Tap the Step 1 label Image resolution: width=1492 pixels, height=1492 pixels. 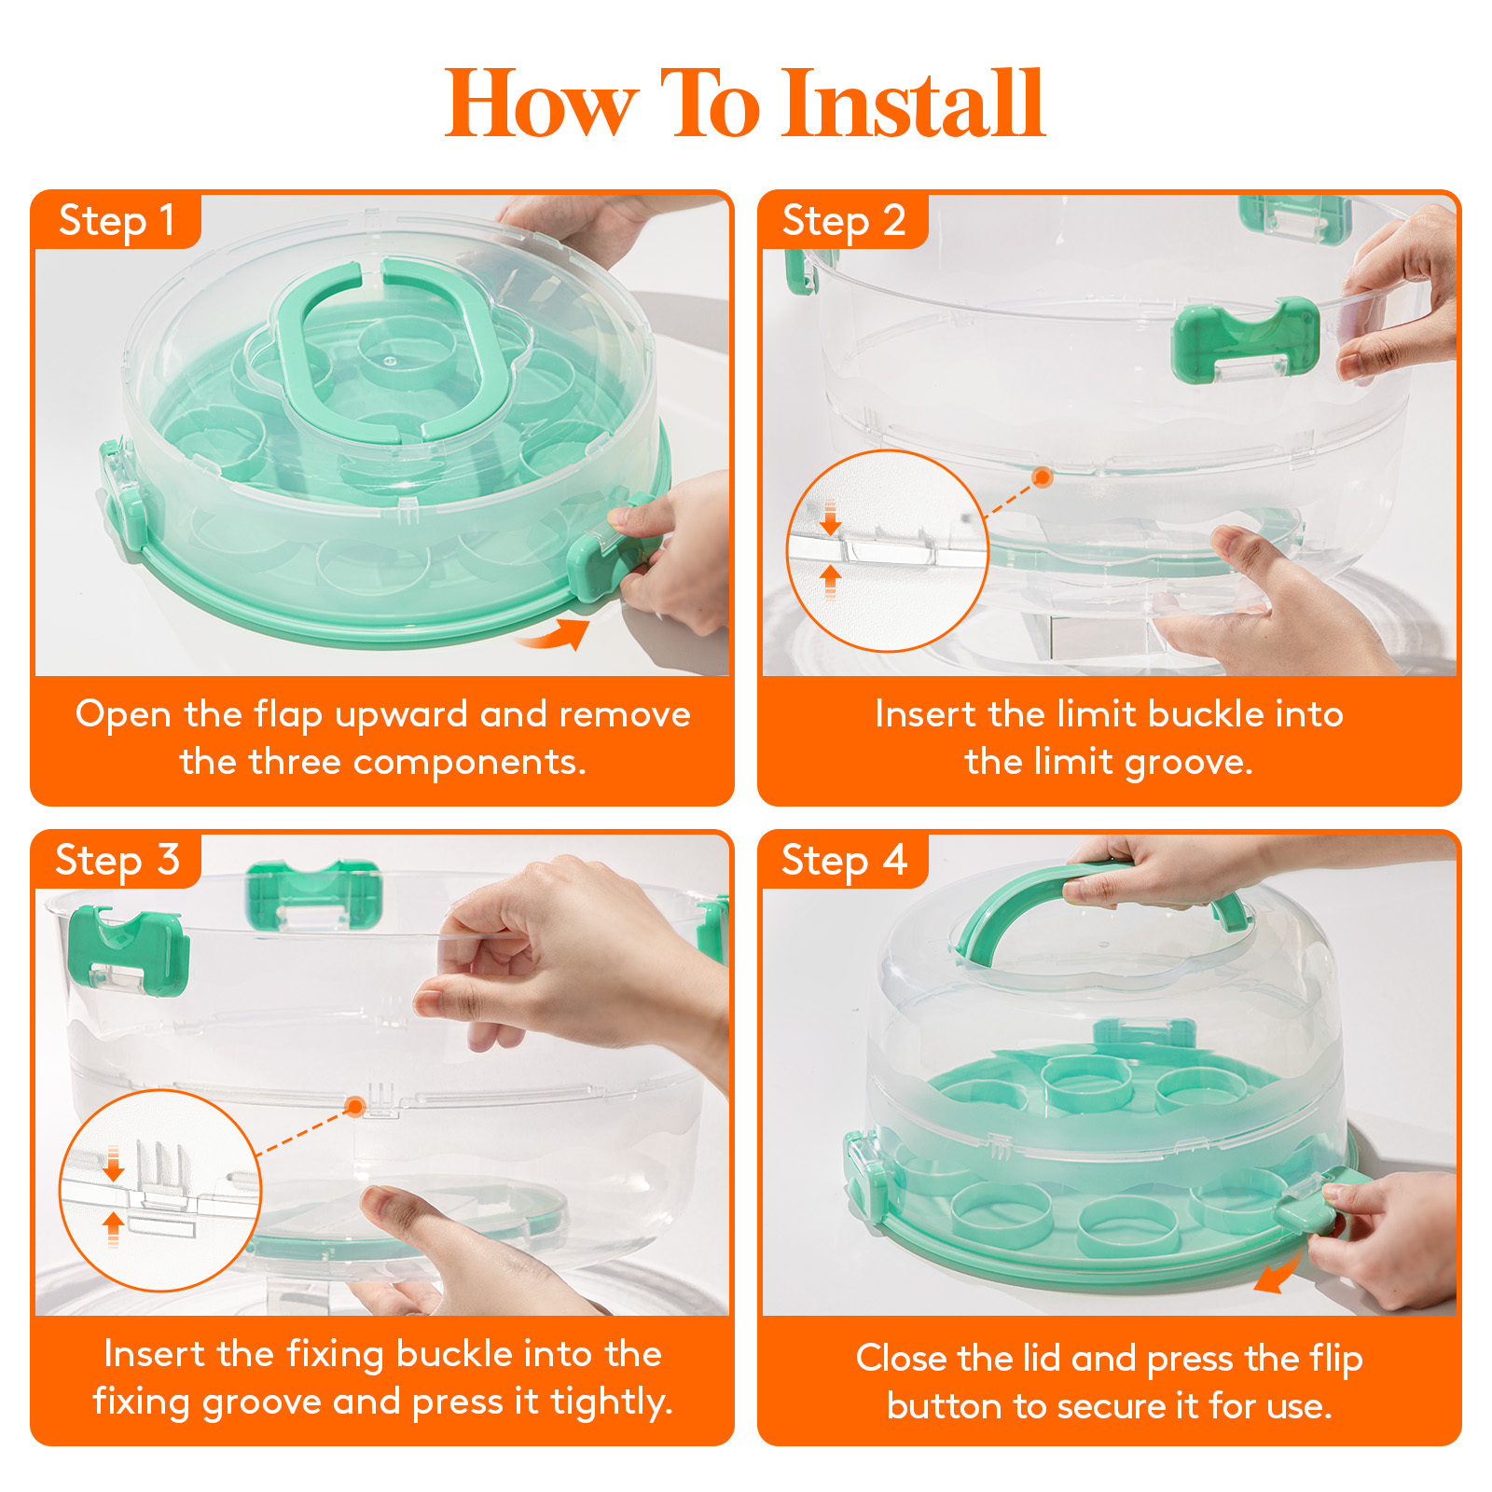117,221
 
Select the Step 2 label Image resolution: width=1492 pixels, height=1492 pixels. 843,221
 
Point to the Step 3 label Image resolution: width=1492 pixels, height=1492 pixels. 117,860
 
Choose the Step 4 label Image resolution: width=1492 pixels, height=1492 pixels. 843,860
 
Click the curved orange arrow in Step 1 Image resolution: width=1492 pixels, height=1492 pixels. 556,634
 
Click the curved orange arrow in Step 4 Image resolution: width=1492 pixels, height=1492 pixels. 1278,1273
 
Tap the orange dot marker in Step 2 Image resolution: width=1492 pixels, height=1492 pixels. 1043,477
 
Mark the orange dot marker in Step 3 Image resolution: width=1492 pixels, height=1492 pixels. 354,1107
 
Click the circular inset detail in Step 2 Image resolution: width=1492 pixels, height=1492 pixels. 887,551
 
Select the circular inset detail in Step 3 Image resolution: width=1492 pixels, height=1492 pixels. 160,1190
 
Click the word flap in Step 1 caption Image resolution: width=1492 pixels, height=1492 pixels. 288,714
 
